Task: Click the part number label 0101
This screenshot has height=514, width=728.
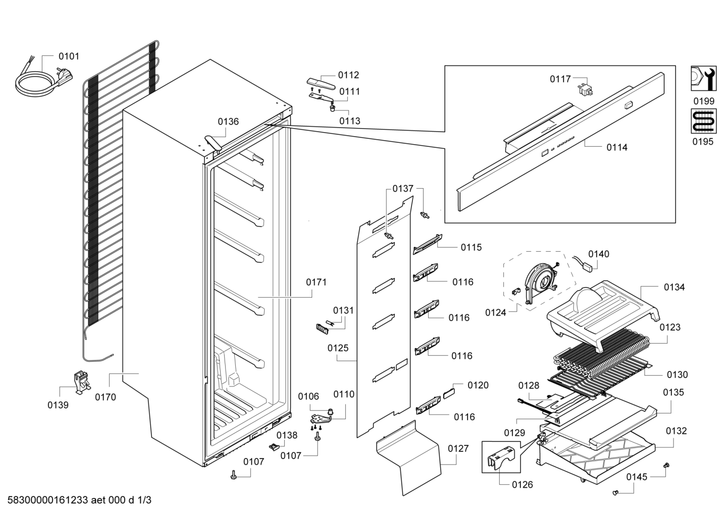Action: click(69, 56)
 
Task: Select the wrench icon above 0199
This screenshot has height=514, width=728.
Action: click(704, 79)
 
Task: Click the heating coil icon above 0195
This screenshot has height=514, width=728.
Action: click(704, 121)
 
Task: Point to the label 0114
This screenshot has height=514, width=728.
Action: click(617, 147)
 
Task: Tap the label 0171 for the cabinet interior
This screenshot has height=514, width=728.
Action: click(316, 282)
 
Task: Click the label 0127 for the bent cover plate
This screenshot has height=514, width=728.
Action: click(458, 448)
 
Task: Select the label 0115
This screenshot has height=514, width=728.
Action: click(471, 248)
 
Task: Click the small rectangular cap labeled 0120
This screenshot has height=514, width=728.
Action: click(449, 393)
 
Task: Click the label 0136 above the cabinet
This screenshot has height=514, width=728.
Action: click(228, 122)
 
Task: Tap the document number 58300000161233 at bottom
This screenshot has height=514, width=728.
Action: click(48, 500)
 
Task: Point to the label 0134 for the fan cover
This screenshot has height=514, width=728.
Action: click(674, 287)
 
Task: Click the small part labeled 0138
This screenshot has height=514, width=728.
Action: click(274, 447)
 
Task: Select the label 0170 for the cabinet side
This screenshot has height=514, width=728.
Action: click(106, 397)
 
